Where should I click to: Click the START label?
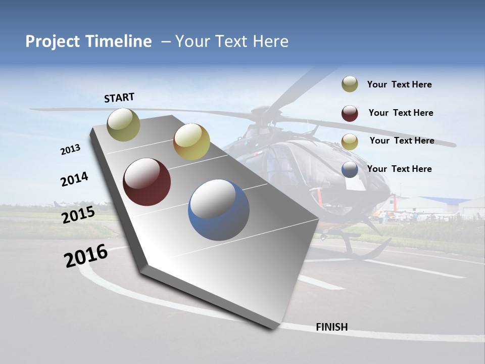(x=119, y=98)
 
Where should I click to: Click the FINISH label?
(x=332, y=327)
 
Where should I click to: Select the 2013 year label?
(x=71, y=150)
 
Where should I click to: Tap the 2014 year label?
(x=74, y=179)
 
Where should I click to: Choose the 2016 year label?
(x=86, y=256)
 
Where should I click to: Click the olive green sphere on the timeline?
(x=124, y=124)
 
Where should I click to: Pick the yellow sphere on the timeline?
(x=191, y=142)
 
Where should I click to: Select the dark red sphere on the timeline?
(x=147, y=182)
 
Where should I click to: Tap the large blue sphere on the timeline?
(x=219, y=210)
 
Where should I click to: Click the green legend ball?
(x=350, y=84)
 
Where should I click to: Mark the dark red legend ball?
(x=350, y=113)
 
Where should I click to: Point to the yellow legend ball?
(x=350, y=142)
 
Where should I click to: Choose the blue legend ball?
(x=350, y=169)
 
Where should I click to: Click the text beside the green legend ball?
(x=399, y=84)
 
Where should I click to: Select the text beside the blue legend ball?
(x=399, y=169)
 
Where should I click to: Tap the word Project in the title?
(x=50, y=41)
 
